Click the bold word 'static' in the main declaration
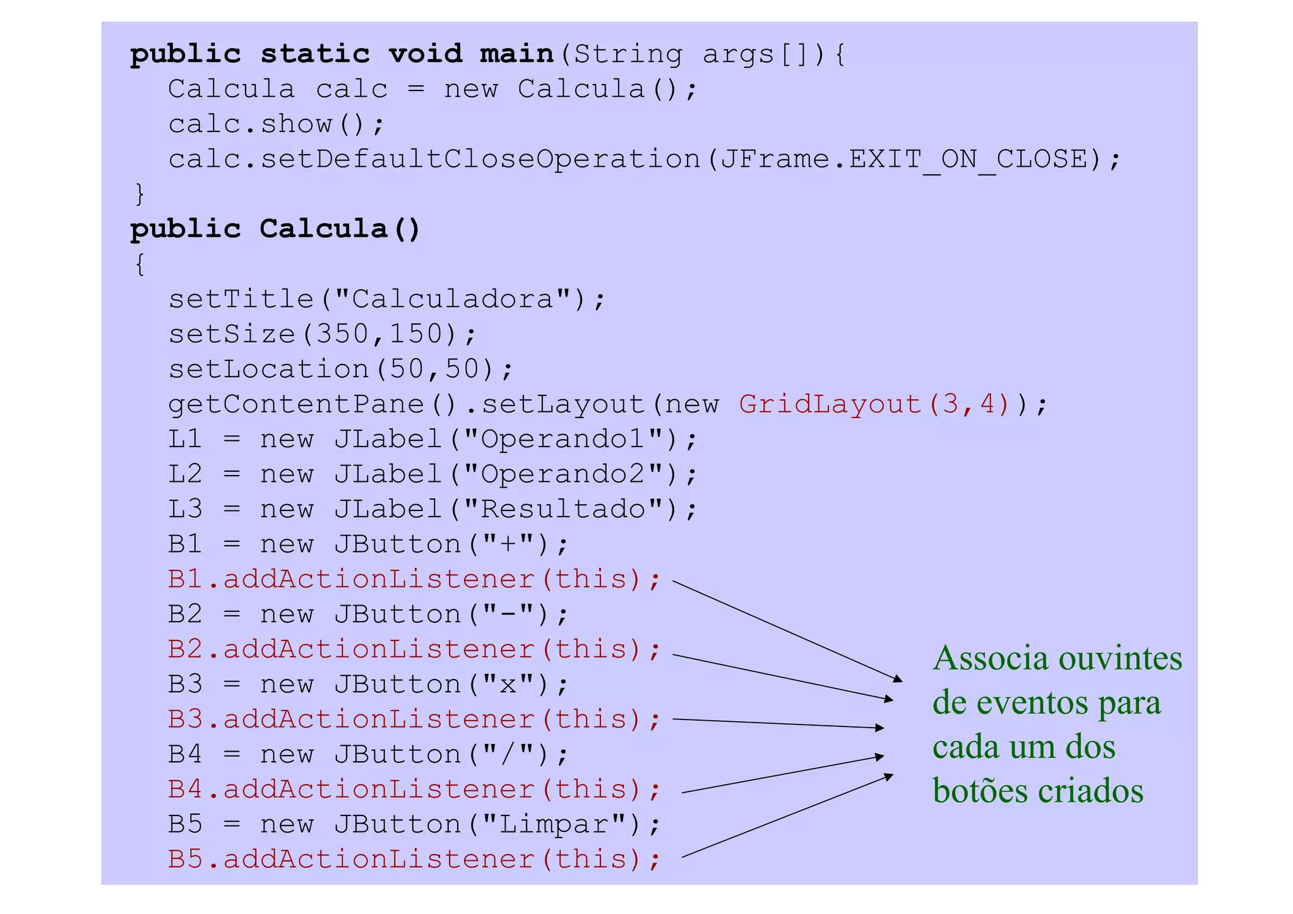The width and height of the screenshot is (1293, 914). coord(314,54)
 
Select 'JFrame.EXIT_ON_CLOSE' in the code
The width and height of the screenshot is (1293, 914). coord(904,159)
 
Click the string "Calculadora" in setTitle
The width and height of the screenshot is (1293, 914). coord(452,299)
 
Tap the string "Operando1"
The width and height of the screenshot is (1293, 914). coord(563,439)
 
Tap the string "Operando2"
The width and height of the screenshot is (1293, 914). coord(563,474)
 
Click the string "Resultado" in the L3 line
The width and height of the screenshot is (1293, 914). coord(563,509)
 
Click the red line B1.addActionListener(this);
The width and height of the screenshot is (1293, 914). coord(414,579)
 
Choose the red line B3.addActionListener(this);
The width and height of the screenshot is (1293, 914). coord(414,719)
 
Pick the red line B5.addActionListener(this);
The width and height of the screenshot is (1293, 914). coord(414,860)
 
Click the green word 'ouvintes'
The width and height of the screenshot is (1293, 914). coord(1120,659)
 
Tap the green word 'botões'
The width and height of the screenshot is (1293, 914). coord(980,791)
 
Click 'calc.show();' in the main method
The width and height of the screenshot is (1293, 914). coord(276,124)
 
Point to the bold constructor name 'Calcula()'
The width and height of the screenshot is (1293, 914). coord(340,229)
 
